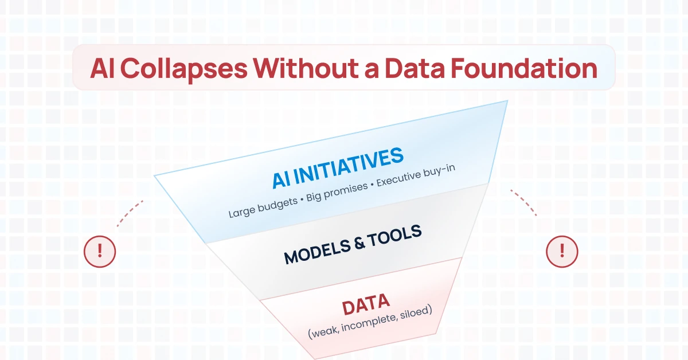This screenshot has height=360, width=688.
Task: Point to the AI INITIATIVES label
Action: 338,167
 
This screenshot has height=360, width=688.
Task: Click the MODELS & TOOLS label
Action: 353,245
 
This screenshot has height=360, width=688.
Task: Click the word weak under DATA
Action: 324,332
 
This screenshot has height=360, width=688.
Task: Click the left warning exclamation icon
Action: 100,251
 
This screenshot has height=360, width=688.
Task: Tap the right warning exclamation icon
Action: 562,251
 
